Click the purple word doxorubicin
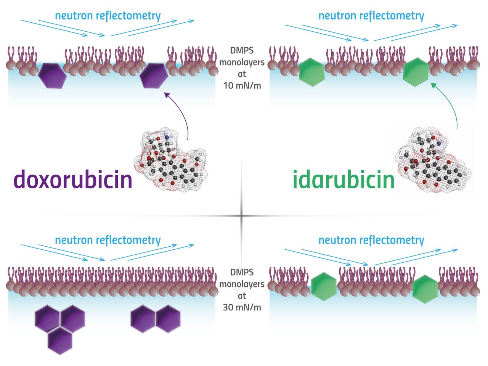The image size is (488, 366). [x=73, y=179]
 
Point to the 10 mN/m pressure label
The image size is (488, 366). [x=242, y=85]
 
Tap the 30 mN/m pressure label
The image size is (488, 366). [x=242, y=307]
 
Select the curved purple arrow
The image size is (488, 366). [x=182, y=114]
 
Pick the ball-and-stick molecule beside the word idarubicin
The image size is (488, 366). [x=431, y=160]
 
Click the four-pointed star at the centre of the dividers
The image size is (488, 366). [x=241, y=216]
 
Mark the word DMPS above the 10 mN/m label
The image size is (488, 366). [x=242, y=51]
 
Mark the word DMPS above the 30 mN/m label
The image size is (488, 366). [x=242, y=273]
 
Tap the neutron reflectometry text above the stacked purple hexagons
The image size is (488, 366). [x=108, y=240]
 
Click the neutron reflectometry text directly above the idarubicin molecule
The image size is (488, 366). [x=371, y=16]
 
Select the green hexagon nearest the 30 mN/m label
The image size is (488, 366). [x=324, y=287]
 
